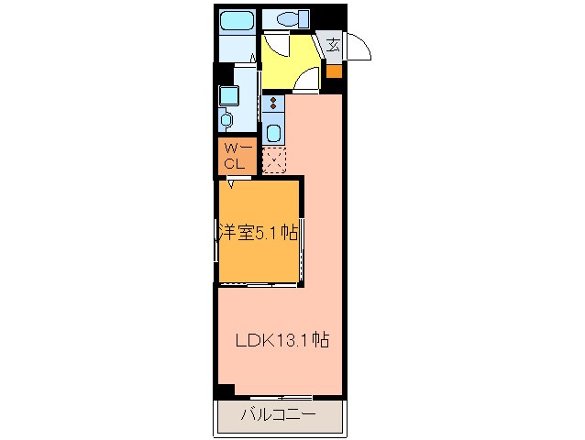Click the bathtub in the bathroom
pos(237,19)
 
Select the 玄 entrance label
pos(334,44)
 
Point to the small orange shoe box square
pos(335,71)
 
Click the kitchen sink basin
pos(273,133)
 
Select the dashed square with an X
pos(274,159)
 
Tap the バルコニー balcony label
pos(279,414)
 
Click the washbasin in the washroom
pos(226,119)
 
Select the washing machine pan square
pos(227,94)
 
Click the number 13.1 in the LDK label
pos(294,340)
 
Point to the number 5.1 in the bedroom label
pos(267,233)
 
